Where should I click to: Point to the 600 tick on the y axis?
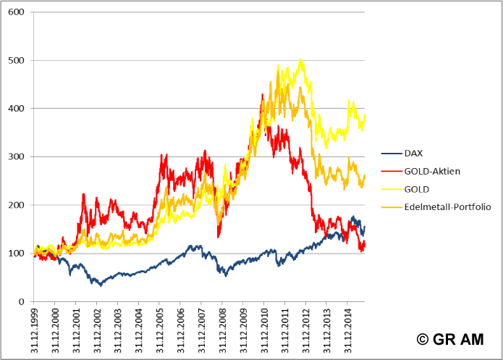15,12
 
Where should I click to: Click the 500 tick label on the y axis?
15,60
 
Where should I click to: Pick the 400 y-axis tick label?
15,109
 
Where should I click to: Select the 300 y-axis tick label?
15,156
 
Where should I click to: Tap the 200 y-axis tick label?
15,205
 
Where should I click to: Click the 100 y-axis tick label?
15,253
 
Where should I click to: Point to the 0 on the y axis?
21,301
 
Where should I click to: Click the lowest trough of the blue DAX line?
101,285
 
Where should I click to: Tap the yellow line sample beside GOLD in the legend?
391,189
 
